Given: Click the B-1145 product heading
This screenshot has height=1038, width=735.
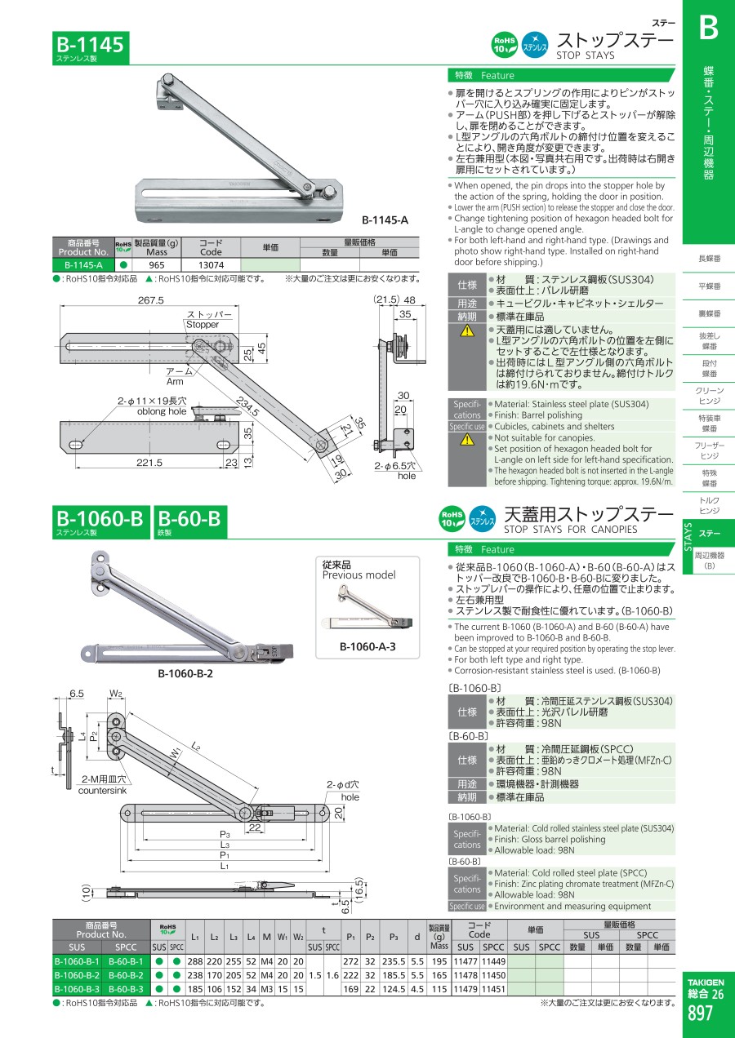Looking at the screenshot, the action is pos(90,45).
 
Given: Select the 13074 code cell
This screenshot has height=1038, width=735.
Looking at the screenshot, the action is pos(211,265).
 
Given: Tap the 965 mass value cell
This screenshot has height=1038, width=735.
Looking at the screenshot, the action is pos(157,265).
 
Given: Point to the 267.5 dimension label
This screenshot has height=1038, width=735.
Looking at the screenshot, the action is pos(151,300).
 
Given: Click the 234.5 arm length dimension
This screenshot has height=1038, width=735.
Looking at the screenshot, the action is pos(247,406).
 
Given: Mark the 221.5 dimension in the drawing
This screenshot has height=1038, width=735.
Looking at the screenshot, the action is pos(149,463).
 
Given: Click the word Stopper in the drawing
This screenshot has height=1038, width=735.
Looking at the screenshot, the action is pos(203,325).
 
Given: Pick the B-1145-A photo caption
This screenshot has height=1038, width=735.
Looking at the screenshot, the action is pos(385,220).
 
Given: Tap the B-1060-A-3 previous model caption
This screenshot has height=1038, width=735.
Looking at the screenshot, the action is pos(367,646).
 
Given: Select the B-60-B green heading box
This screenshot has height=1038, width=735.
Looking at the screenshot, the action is pos(190,521).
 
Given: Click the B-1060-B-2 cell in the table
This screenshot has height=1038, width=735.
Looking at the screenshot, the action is pos(77,975).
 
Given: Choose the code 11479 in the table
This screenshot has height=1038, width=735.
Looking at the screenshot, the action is pos(465,989).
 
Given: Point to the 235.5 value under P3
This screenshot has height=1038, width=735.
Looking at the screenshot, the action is pos(394,961).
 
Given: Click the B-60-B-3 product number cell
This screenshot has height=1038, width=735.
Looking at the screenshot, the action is pos(126,989).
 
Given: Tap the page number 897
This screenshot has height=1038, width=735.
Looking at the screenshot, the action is pos(700,1014).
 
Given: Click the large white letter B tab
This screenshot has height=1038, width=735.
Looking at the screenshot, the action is pos(709,29).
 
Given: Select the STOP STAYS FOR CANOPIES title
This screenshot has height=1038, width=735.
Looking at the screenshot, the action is pos(570,529).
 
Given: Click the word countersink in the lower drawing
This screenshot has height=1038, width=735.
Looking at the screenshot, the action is pos(102,791).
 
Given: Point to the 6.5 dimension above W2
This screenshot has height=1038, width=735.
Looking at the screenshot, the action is pos(77,694).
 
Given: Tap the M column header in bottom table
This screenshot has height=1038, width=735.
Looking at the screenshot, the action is pos(266,937).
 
